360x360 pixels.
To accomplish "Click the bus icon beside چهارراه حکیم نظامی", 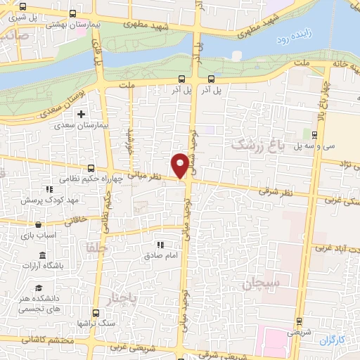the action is pos(91,169).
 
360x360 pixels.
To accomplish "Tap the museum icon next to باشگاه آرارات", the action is pos(44,255).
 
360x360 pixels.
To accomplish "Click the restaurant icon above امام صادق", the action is pos(160,245).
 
